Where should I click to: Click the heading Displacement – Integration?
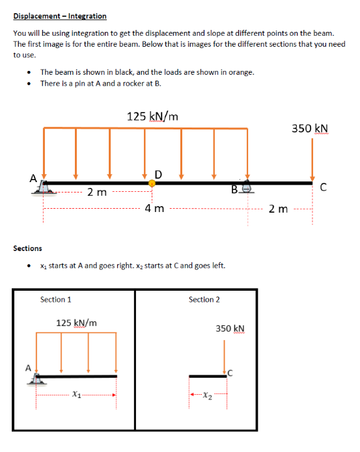point(60,16)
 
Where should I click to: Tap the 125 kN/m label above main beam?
point(152,116)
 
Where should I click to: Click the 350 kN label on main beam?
point(310,128)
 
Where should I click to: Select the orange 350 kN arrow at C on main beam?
point(312,159)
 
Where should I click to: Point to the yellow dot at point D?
point(152,183)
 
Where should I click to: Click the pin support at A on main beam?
point(43,188)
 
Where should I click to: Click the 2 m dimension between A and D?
point(98,193)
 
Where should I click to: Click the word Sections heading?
point(27,248)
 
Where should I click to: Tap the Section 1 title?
point(56,300)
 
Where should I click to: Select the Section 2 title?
point(204,300)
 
